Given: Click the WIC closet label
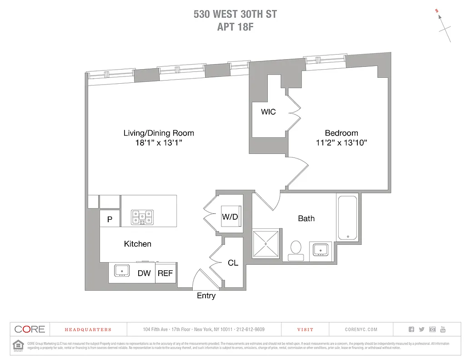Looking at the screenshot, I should point(268,111).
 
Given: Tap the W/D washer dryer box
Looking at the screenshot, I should point(230,217).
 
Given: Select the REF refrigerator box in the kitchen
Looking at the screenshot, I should point(166,273).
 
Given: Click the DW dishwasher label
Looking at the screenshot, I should point(144,273).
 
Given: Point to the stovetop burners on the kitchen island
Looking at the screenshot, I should point(142,217).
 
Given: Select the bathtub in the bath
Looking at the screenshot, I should point(348,217).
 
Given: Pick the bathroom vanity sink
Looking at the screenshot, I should point(321,250).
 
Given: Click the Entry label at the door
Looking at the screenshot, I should point(206,296).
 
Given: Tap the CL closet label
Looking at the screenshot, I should point(233,263).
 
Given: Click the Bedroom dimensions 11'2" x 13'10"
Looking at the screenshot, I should point(341,142).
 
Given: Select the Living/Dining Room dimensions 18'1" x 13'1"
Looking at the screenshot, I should point(159,142).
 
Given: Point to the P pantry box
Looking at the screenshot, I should point(110,218).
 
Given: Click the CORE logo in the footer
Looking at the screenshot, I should point(30,329).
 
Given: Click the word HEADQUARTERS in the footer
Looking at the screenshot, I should point(88,329).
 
